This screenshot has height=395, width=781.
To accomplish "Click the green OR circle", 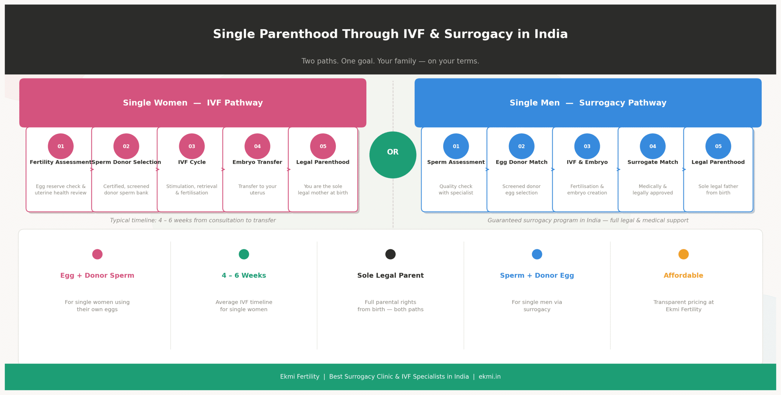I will [x=393, y=155].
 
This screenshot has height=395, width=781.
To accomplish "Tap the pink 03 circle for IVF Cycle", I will [x=192, y=146].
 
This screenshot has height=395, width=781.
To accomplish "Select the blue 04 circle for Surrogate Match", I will [x=653, y=146].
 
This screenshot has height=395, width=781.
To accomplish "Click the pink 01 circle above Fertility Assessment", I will [x=61, y=146].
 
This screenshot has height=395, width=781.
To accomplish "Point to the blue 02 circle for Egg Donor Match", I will [x=521, y=146].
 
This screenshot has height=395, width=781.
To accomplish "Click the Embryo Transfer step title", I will [x=257, y=162].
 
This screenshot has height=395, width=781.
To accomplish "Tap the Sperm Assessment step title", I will [x=456, y=162].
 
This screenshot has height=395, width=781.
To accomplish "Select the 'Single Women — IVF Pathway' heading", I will [x=193, y=103].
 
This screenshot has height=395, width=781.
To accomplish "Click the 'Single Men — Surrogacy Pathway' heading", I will [x=588, y=103].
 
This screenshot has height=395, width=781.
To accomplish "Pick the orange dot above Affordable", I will [x=683, y=254].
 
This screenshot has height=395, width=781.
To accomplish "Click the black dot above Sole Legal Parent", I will [x=390, y=254].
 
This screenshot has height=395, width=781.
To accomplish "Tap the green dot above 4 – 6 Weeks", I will [x=244, y=254].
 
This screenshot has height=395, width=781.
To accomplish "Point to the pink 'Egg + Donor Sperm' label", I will [x=97, y=275].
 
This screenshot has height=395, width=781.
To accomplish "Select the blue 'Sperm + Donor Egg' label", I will [x=537, y=275].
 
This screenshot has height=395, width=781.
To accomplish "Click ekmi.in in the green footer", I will [x=489, y=376].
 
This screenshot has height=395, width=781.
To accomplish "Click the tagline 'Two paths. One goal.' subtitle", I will [x=390, y=61].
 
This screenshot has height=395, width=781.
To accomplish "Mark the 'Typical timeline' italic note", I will [x=193, y=220].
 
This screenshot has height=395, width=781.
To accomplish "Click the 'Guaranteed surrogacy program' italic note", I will [x=588, y=220].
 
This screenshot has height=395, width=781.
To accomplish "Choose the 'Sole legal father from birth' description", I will [x=718, y=189].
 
